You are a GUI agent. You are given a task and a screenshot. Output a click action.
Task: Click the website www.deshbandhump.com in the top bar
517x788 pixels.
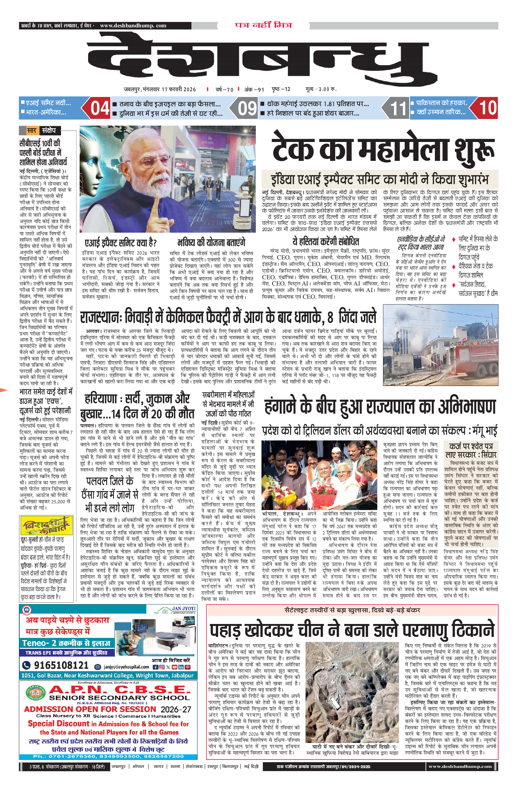click(x=133, y=26)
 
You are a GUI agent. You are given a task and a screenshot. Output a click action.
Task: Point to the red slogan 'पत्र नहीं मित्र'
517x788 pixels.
click(x=263, y=25)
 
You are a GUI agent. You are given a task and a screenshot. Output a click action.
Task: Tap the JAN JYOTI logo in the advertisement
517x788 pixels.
click(x=180, y=609)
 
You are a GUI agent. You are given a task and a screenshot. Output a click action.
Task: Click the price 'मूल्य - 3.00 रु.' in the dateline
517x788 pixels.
click(x=320, y=89)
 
